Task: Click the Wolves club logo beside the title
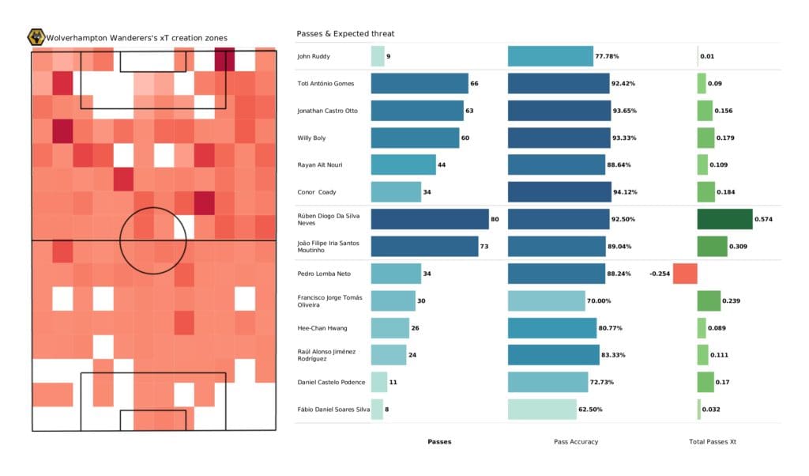pos(36,37)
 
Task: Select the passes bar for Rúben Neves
pos(429,219)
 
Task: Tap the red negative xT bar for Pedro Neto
pos(685,274)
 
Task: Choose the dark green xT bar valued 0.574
pos(724,219)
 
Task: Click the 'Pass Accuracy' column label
pos(574,441)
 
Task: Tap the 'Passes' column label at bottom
pos(439,441)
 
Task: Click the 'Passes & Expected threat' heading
pos(345,34)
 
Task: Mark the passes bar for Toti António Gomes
pos(420,83)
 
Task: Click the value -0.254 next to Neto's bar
pos(660,274)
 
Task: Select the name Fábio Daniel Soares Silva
pos(329,410)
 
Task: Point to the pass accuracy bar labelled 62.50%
pos(542,410)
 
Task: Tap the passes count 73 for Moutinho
pos(484,247)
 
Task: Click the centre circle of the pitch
pos(152,240)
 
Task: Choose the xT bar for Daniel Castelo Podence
pos(706,382)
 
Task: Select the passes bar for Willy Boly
pos(415,138)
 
